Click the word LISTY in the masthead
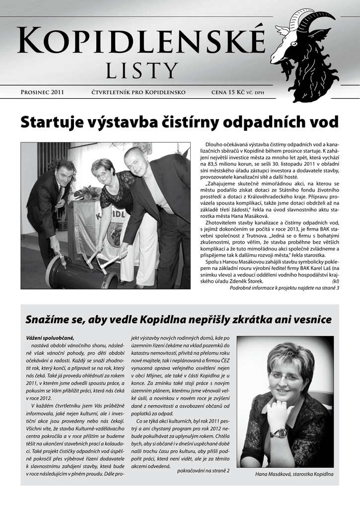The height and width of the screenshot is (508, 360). [x=142, y=70]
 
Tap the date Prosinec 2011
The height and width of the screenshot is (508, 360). [x=42, y=92]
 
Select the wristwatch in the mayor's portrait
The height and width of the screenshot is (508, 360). [x=279, y=433]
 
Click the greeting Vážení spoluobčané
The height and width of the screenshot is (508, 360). [x=50, y=338]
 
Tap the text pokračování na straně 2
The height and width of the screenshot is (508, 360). [x=203, y=470]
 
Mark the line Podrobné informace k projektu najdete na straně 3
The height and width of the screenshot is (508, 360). [x=284, y=288]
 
